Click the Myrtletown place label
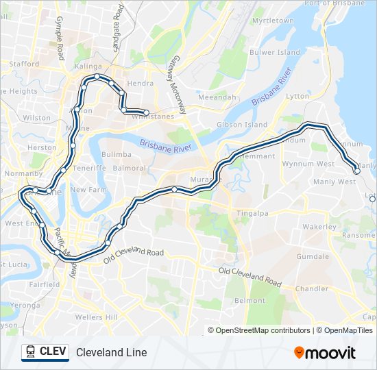click(x=273, y=21)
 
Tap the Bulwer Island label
click(x=275, y=52)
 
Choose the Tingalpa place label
click(x=252, y=214)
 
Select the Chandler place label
click(x=311, y=288)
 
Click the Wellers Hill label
click(x=97, y=317)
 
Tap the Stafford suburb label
click(x=24, y=64)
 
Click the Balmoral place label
click(x=130, y=168)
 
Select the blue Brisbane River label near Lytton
click(x=271, y=86)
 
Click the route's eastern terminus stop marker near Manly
click(x=357, y=171)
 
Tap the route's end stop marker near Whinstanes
click(x=146, y=112)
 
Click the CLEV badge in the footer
click(x=45, y=352)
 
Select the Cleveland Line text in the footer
click(x=112, y=352)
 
